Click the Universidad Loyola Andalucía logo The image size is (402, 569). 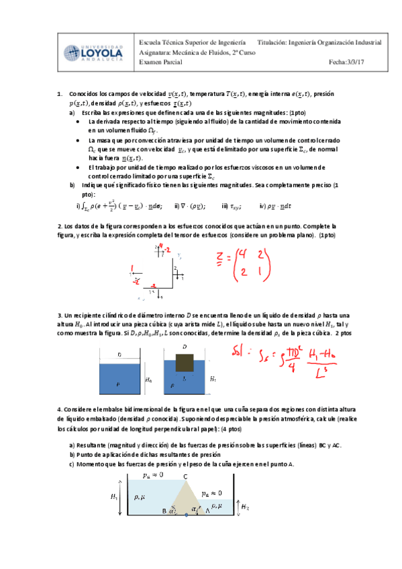tap(94, 53)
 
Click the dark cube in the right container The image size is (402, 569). tap(185, 364)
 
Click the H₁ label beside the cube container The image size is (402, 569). tap(213, 378)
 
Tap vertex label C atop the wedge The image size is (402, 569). tap(185, 477)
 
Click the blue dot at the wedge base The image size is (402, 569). tap(186, 515)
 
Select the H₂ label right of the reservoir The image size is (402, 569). tap(246, 508)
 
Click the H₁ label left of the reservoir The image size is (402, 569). tap(113, 497)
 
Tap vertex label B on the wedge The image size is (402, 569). tap(164, 512)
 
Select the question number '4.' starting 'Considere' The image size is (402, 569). tap(60, 409)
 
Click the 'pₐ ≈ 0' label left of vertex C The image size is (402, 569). tap(153, 476)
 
